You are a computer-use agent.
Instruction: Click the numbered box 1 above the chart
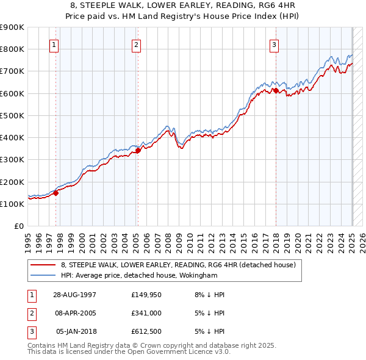click(54, 45)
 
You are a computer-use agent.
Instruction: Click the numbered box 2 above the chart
click(136, 45)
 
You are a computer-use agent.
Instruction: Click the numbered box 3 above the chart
click(274, 45)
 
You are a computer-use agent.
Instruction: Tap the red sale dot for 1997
click(56, 193)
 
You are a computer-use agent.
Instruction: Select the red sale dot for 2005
click(138, 150)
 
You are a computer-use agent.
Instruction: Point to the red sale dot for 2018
click(276, 90)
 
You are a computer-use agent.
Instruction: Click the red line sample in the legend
click(43, 265)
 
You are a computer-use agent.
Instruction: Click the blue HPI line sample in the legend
click(43, 275)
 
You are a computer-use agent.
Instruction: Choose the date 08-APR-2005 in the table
click(74, 313)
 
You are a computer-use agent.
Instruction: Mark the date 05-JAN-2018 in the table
click(74, 331)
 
